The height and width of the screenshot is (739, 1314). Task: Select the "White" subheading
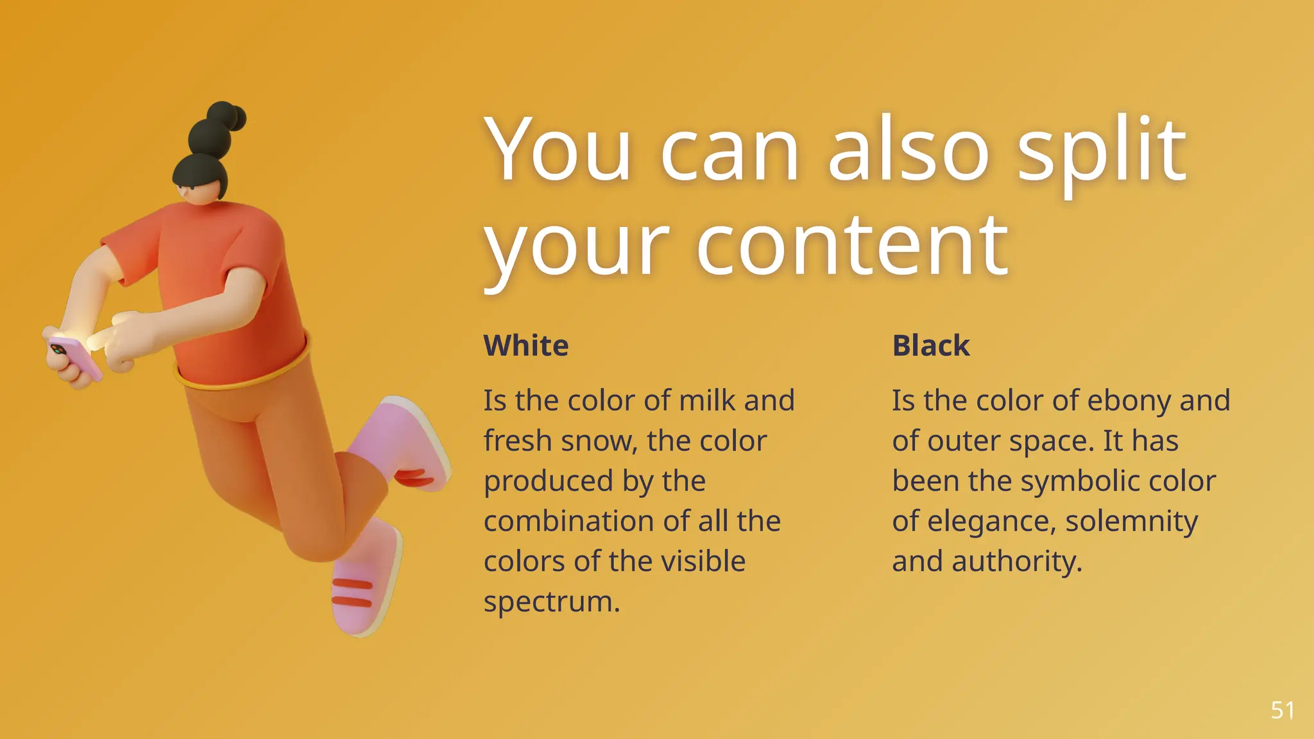coord(526,346)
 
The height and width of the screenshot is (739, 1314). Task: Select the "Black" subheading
coord(931,346)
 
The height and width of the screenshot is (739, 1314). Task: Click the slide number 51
coord(1282,710)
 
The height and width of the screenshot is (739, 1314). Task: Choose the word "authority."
coord(1017,562)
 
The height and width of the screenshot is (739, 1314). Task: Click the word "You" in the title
coord(558,151)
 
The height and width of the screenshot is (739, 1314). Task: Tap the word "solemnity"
coord(1131,522)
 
